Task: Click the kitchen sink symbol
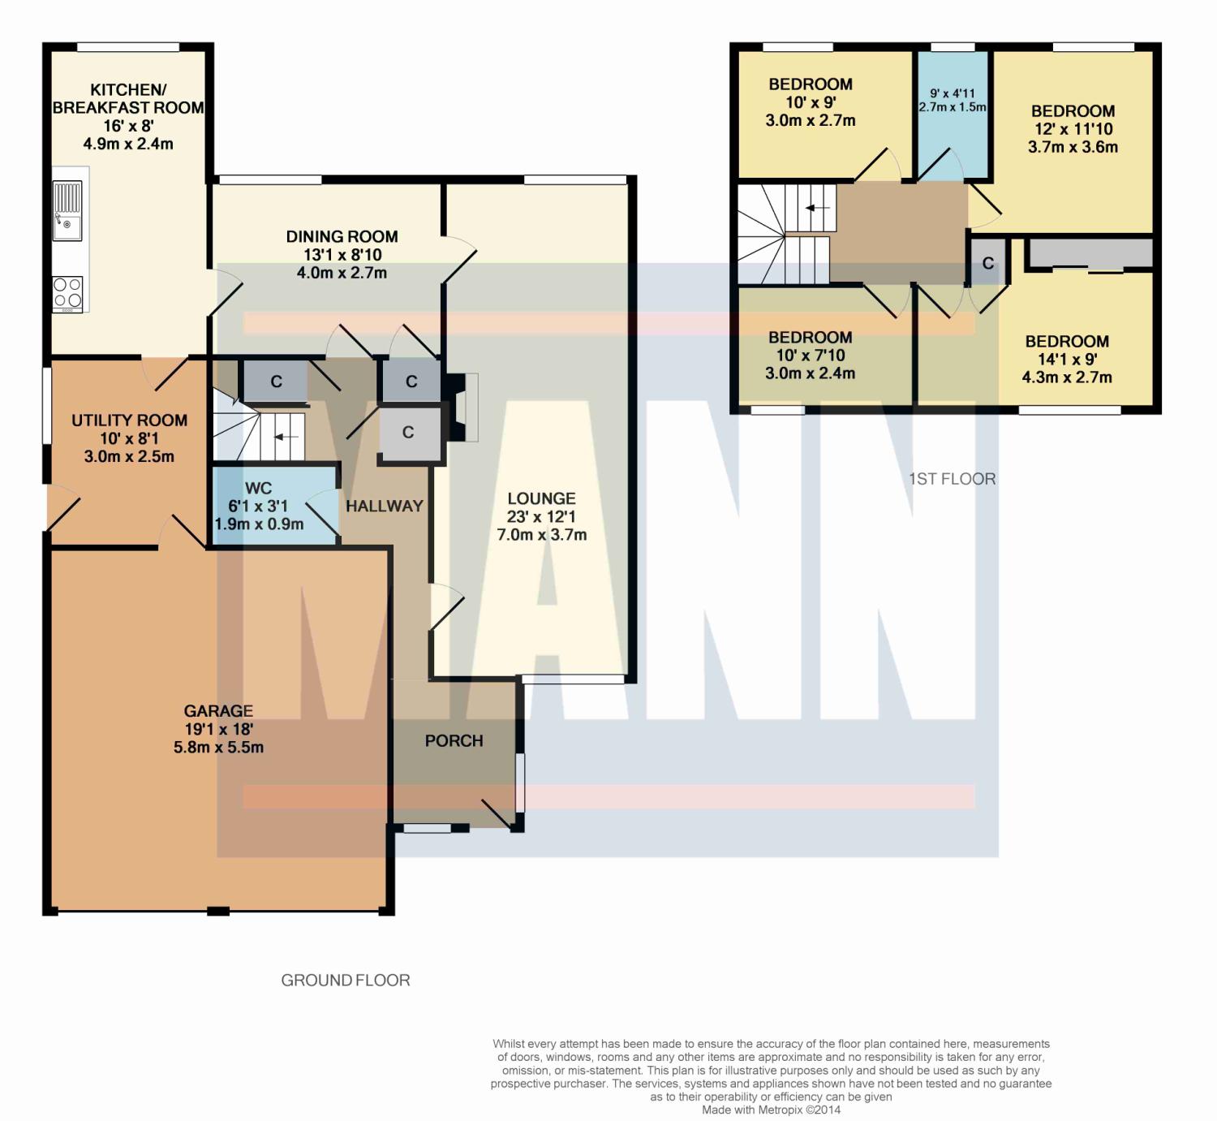tap(67, 211)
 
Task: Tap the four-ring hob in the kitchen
tap(67, 294)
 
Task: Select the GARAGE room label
tap(218, 711)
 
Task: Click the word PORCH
tap(454, 741)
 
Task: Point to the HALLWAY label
tap(385, 506)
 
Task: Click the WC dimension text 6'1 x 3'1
tap(258, 506)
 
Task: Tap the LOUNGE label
tap(542, 498)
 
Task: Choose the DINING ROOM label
tap(342, 237)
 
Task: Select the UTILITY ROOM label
tap(129, 420)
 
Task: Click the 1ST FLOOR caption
tap(953, 479)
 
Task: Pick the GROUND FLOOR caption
tap(346, 980)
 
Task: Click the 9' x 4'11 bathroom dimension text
tap(953, 93)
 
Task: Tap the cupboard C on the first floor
tap(988, 263)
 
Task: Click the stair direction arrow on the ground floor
tap(286, 437)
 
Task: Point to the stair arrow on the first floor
tap(817, 209)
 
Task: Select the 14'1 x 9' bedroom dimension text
tap(1067, 360)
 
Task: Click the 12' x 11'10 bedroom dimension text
tap(1073, 129)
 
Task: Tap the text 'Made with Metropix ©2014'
tap(771, 1110)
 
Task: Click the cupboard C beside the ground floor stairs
tap(276, 382)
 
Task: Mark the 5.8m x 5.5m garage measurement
tap(218, 748)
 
